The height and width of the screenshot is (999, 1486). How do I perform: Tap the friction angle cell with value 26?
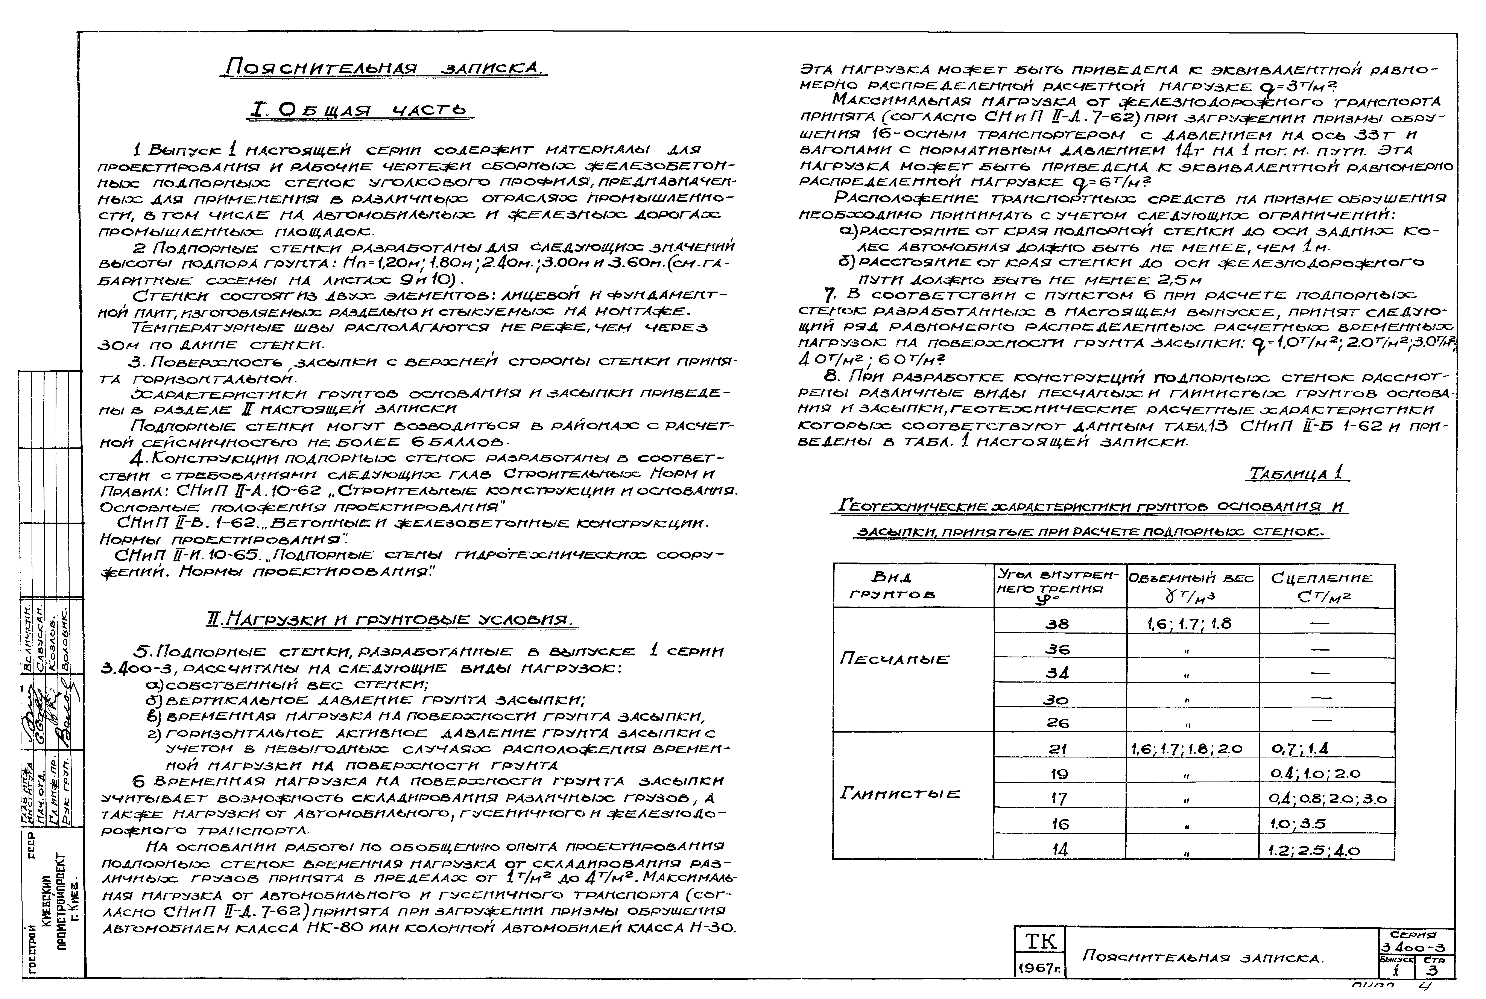(1057, 722)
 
